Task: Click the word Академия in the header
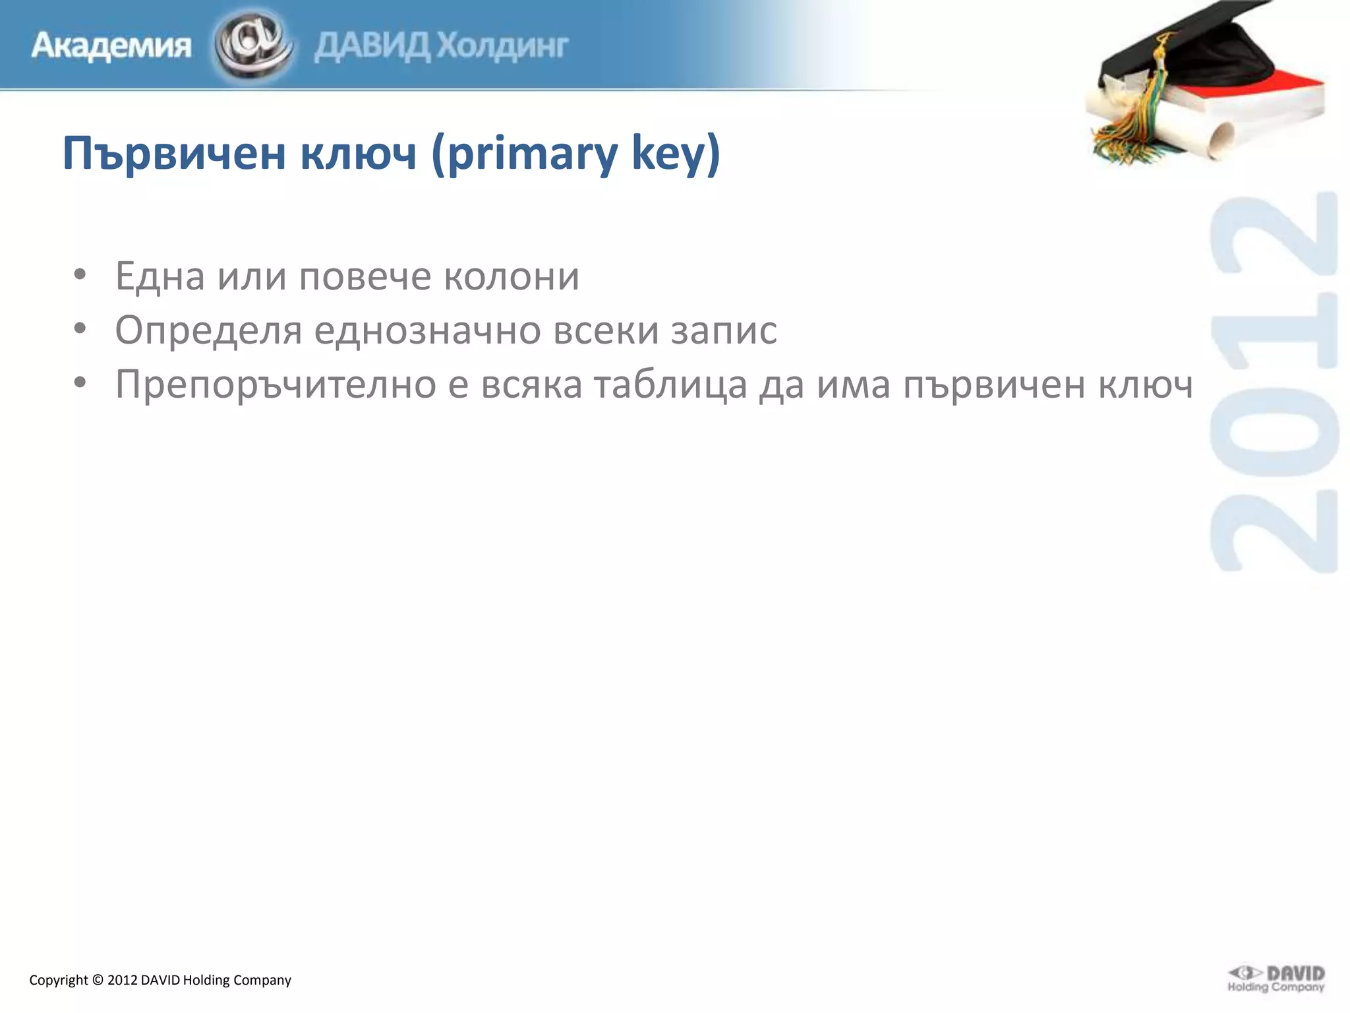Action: point(111,46)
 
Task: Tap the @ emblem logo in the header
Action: point(253,44)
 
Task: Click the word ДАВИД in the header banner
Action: point(372,46)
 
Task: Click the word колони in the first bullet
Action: point(512,276)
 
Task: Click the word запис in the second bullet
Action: point(724,330)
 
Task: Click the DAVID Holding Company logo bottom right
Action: point(1276,979)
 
